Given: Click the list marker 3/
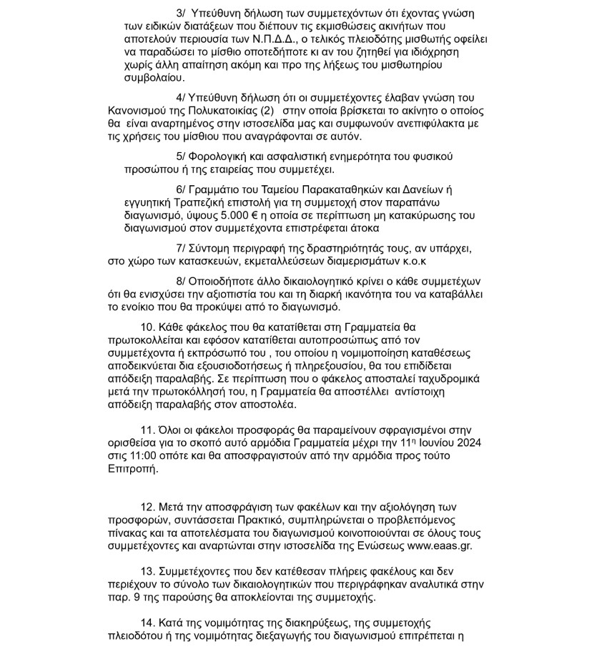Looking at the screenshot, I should pyautogui.click(x=179, y=14).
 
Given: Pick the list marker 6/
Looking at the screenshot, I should pyautogui.click(x=179, y=189).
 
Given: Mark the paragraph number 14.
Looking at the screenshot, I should pyautogui.click(x=148, y=623).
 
